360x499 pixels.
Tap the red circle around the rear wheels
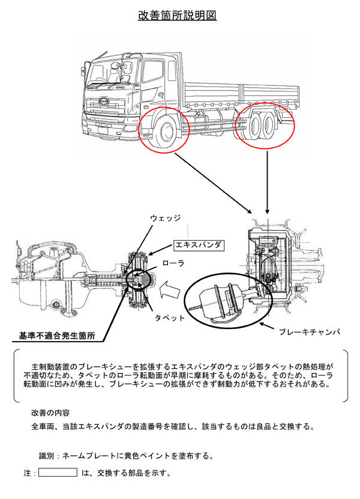click(x=264, y=126)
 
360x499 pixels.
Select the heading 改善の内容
click(x=50, y=413)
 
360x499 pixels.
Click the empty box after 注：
click(x=58, y=473)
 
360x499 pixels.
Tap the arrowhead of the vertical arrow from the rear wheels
click(x=267, y=213)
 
